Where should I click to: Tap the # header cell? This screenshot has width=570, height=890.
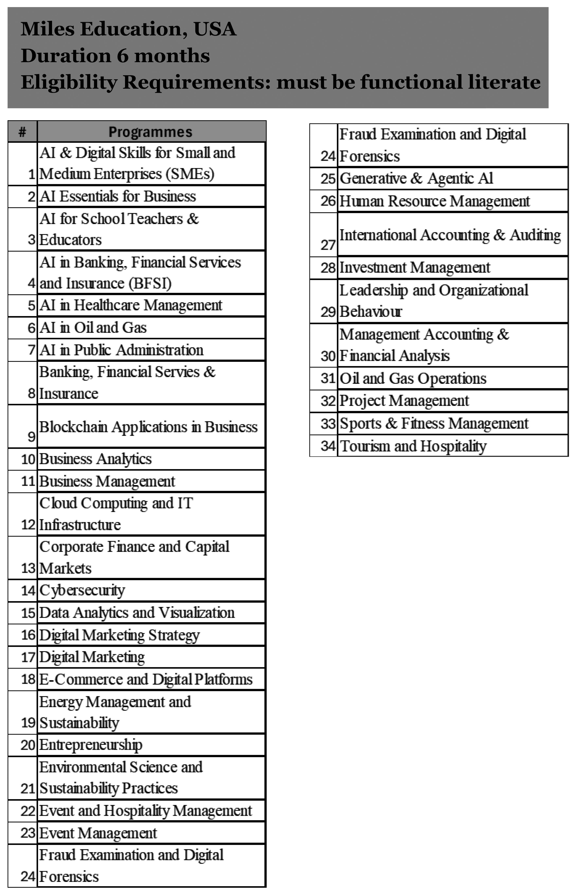click(x=23, y=132)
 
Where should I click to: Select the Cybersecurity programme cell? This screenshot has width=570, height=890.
click(x=82, y=590)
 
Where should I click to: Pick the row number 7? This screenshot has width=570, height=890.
click(x=32, y=350)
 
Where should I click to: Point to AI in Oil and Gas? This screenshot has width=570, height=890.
click(x=93, y=328)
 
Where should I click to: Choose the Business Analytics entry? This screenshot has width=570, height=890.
click(x=95, y=459)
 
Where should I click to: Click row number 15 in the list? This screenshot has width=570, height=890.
click(x=28, y=613)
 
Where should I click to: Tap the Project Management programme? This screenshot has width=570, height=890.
click(x=404, y=401)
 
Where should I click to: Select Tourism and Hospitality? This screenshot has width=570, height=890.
click(x=413, y=446)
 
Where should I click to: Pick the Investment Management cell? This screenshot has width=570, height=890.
click(x=414, y=267)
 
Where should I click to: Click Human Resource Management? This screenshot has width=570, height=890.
click(x=434, y=201)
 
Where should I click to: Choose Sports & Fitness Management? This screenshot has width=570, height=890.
click(x=434, y=423)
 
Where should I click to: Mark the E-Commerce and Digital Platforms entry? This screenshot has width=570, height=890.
click(x=146, y=679)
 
